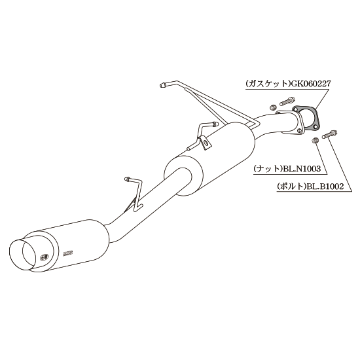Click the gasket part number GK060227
pyautogui.click(x=311, y=84)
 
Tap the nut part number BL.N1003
pyautogui.click(x=302, y=169)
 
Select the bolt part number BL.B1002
pyautogui.click(x=325, y=187)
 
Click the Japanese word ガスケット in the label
pyautogui.click(x=268, y=84)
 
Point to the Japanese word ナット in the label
pyautogui.click(x=268, y=169)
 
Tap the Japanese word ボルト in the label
pyautogui.click(x=292, y=187)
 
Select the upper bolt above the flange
pyautogui.click(x=287, y=101)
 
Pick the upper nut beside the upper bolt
pyautogui.click(x=272, y=107)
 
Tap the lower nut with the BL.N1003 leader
pyautogui.click(x=315, y=140)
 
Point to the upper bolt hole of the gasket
pyautogui.click(x=296, y=109)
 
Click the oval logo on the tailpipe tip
pyautogui.click(x=43, y=257)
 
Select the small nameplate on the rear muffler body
pyautogui.click(x=67, y=253)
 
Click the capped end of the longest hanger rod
pyautogui.click(x=163, y=84)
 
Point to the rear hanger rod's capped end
pyautogui.click(x=126, y=179)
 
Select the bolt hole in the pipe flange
pyautogui.click(x=298, y=131)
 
